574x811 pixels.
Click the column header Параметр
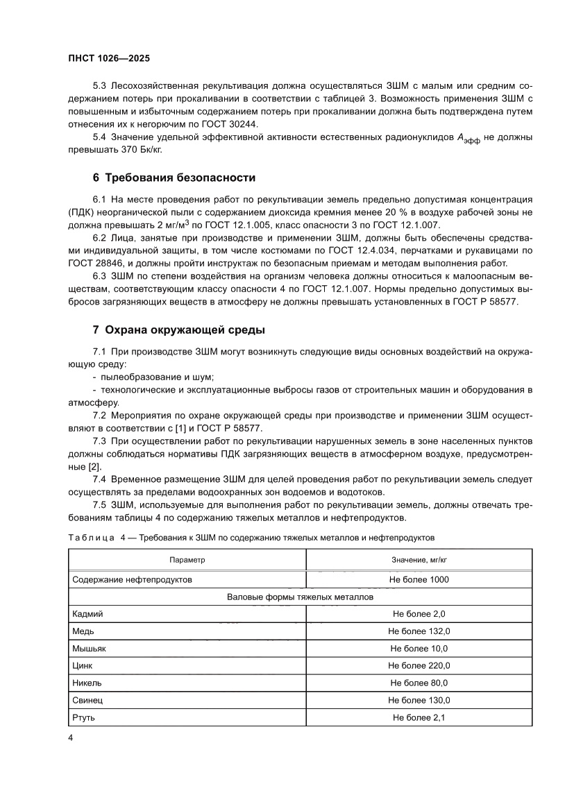pos(187,559)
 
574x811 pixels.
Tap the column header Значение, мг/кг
pos(419,559)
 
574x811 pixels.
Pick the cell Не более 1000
pos(419,579)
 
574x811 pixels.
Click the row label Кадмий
pos(87,614)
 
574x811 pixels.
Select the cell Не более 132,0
pos(419,631)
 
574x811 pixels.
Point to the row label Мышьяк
pos(90,649)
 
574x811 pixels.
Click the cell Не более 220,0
pos(419,666)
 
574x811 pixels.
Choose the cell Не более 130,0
pos(419,701)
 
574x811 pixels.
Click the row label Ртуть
pos(84,718)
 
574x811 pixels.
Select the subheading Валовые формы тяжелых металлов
pos(301,597)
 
